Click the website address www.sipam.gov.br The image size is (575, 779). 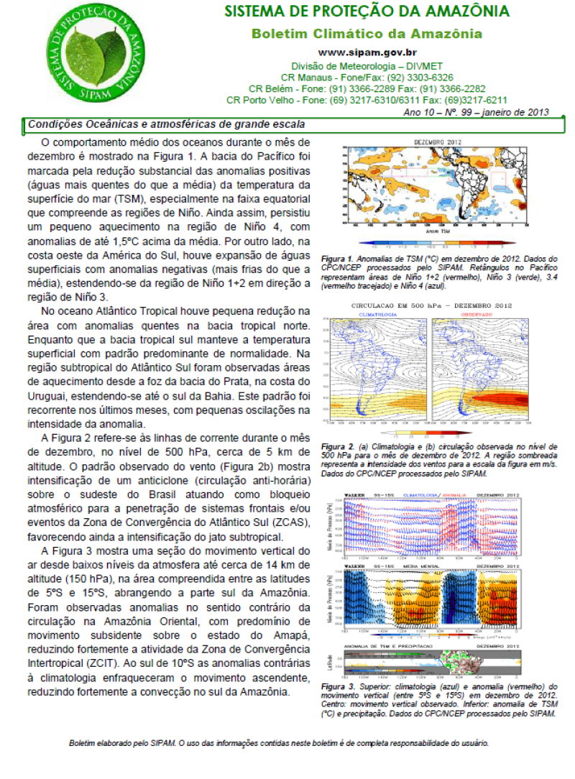click(367, 52)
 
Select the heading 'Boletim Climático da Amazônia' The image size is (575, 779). click(367, 34)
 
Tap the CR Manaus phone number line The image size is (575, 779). click(367, 77)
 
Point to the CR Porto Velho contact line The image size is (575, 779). click(367, 100)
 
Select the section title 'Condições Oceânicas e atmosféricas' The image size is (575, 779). click(167, 124)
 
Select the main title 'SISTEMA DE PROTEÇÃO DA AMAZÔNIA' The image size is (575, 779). click(367, 11)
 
